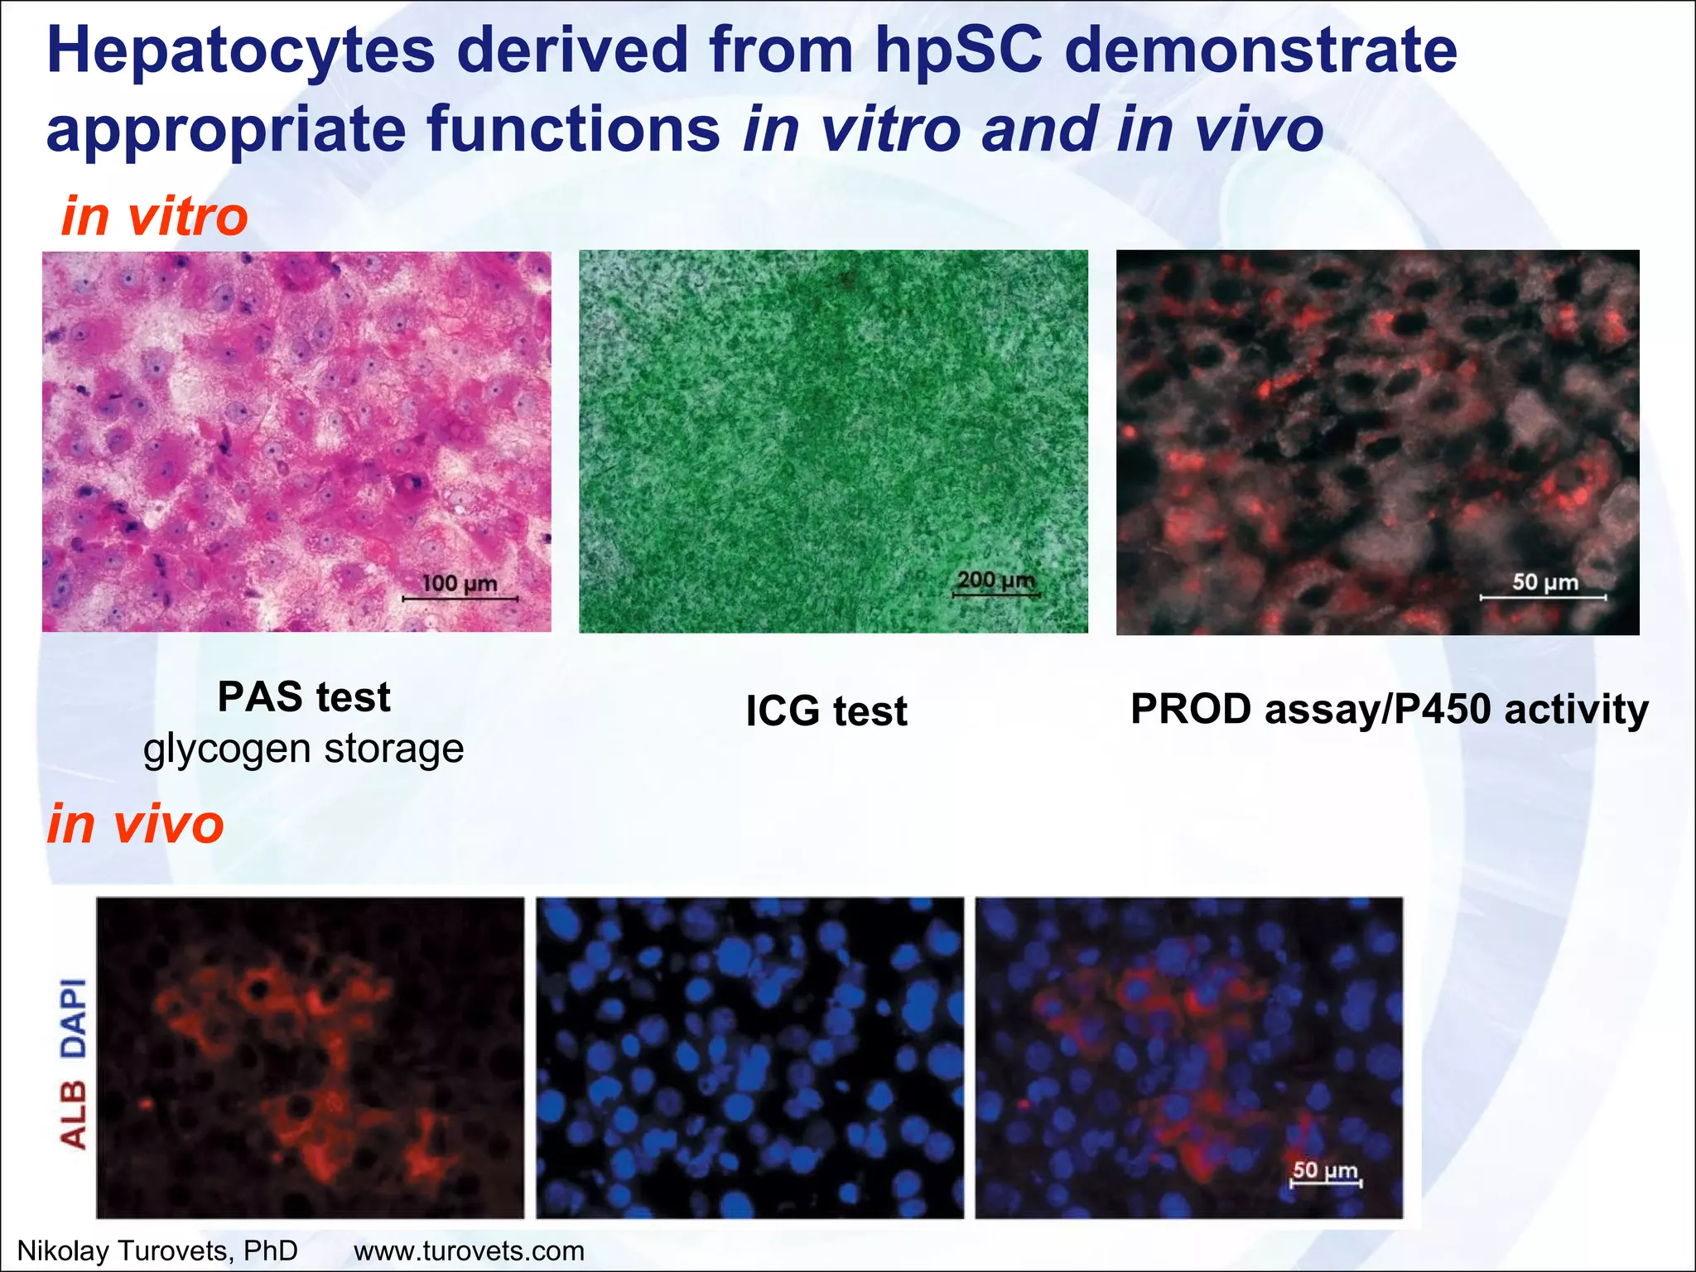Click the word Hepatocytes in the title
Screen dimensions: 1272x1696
240,51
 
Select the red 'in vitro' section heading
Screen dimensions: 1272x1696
155,216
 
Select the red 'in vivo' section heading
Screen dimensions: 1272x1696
135,824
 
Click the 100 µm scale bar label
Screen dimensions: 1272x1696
460,584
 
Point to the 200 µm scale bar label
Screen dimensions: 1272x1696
996,580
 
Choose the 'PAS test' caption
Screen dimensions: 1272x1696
304,696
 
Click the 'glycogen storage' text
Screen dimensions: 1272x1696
303,749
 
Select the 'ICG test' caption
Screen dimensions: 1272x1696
826,711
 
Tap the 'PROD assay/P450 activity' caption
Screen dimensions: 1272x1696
1390,709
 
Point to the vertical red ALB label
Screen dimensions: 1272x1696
74,1115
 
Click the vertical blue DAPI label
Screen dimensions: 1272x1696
74,1018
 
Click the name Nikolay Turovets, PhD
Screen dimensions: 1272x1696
157,1250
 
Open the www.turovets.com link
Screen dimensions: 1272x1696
469,1250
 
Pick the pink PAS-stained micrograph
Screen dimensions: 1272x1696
296,441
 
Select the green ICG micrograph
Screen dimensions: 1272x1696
833,441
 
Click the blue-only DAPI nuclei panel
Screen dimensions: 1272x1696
749,1058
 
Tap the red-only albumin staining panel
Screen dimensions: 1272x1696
310,1058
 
